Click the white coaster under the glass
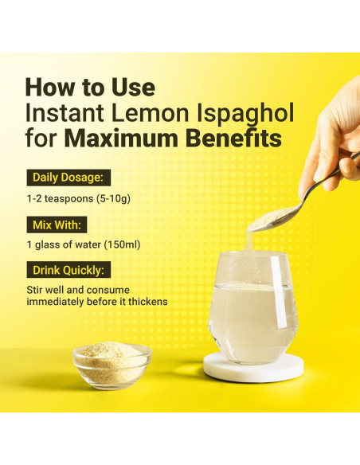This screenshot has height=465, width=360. pyautogui.click(x=253, y=368)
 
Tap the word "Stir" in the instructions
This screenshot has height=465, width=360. pyautogui.click(x=37, y=291)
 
